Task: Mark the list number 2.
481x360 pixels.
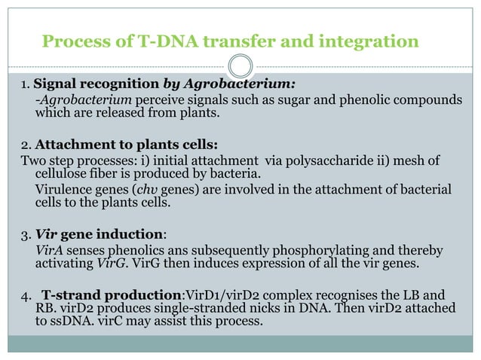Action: [25, 145]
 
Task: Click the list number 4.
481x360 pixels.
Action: [25, 294]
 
